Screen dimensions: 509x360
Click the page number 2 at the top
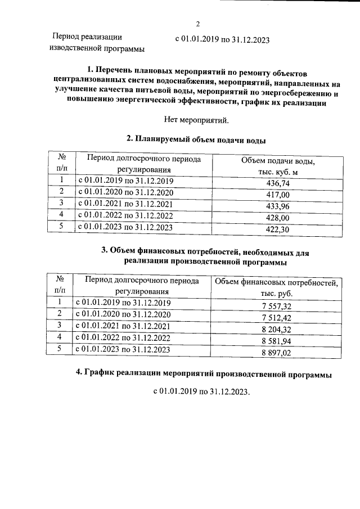tap(198, 24)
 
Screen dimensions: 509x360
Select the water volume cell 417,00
tap(277, 194)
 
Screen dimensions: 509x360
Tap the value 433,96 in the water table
tap(277, 206)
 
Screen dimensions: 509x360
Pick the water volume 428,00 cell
tap(277, 217)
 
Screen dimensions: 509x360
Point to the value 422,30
tap(277, 229)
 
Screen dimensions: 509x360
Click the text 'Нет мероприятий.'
tap(196, 119)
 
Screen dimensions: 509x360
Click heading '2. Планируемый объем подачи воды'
tap(196, 139)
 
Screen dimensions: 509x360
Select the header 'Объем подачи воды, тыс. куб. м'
tap(277, 166)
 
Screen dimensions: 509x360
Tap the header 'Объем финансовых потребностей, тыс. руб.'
tap(276, 287)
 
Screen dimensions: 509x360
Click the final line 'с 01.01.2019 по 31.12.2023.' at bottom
tap(201, 391)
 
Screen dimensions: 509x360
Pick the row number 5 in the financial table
tap(60, 349)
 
